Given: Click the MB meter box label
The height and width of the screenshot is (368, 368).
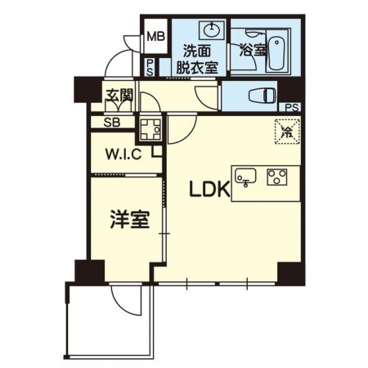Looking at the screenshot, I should tap(154, 37).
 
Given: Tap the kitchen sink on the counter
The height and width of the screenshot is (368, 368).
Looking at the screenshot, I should tap(248, 175).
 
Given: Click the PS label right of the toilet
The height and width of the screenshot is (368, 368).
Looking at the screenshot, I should tap(291, 106).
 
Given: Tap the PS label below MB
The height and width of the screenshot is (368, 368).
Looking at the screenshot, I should tap(150, 68).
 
